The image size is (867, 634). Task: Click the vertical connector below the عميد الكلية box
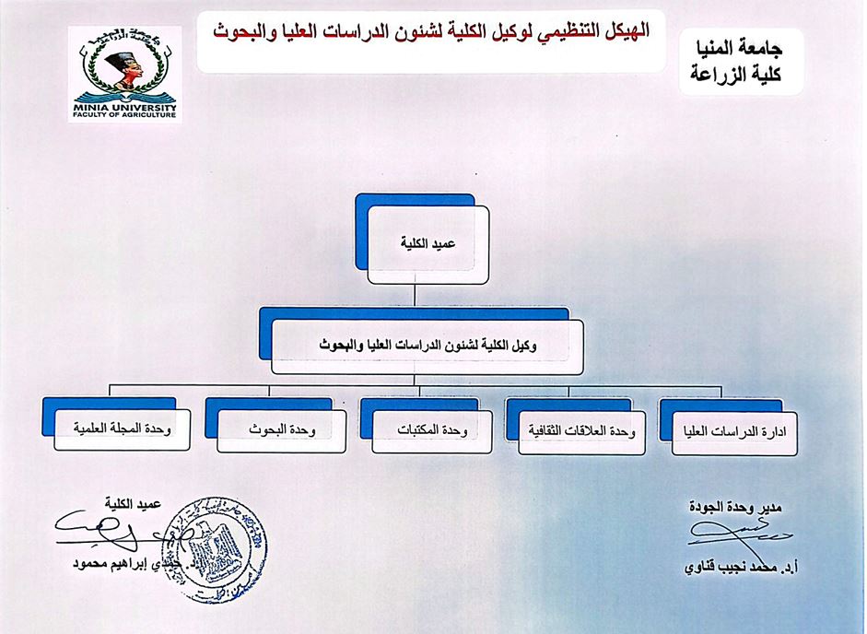pyautogui.click(x=421, y=296)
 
